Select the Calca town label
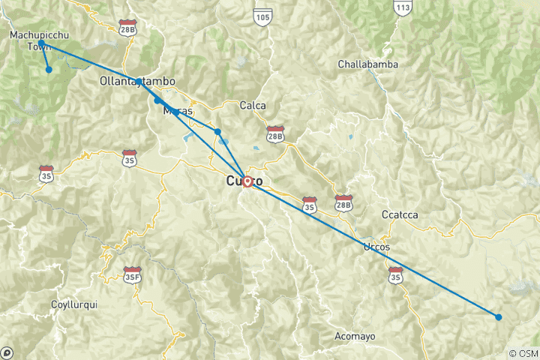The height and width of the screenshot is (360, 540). click(x=253, y=106)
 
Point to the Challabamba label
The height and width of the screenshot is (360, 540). click(x=367, y=64)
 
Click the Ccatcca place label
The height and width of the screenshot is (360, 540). click(x=399, y=214)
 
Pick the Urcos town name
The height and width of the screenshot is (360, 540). click(x=376, y=247)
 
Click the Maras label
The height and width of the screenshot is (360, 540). click(x=178, y=111)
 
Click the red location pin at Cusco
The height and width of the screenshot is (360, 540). click(x=246, y=181)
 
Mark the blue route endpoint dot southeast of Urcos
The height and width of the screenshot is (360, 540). click(x=499, y=316)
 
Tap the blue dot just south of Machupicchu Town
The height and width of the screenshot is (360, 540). click(x=49, y=70)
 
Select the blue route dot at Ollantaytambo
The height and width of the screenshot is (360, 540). click(x=139, y=81)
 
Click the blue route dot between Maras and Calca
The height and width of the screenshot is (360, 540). click(x=217, y=132)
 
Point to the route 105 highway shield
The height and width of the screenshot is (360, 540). click(x=261, y=16)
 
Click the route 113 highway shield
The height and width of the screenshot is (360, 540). click(x=403, y=6)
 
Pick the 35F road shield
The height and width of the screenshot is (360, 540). click(x=133, y=274)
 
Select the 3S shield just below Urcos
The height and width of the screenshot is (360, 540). click(x=395, y=277)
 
